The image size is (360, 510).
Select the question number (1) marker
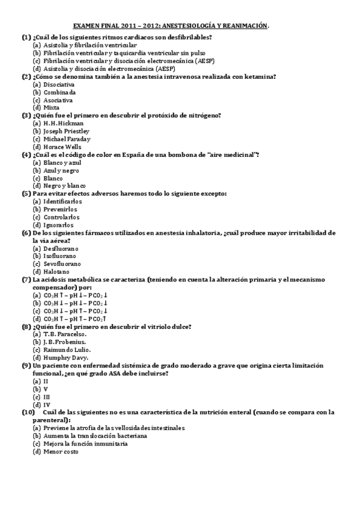coord(26,37)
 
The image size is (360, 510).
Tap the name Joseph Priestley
coord(66,131)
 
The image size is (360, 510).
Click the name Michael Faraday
coord(67,139)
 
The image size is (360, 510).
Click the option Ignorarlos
coord(59,224)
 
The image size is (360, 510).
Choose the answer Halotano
coord(56,271)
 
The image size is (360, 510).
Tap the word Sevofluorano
coord(63,263)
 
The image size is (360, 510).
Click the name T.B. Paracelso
coord(65,334)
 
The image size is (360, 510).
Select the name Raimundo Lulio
coord(67,349)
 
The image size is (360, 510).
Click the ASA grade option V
coord(46,389)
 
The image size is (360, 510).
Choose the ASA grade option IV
coord(46,404)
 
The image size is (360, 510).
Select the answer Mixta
coord(52,108)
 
